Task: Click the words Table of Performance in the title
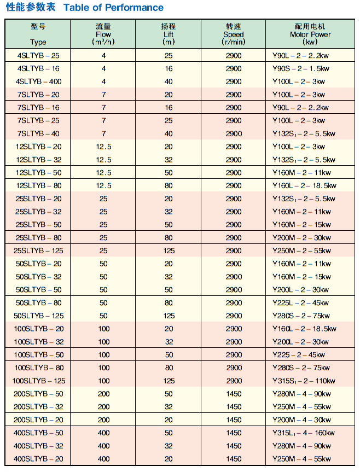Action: [113, 8]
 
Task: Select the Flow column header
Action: [103, 34]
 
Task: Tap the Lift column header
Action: [169, 34]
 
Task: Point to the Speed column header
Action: [234, 34]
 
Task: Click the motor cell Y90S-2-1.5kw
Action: [301, 68]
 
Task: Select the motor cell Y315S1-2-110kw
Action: [304, 381]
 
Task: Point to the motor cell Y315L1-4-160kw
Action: [304, 433]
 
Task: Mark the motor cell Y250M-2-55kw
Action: [301, 250]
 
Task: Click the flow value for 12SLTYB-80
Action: [103, 186]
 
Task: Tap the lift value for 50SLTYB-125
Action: [169, 316]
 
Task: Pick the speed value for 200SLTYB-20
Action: [234, 419]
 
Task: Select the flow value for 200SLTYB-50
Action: [103, 394]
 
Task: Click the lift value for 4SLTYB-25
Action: [169, 55]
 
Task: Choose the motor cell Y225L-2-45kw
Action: [301, 302]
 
